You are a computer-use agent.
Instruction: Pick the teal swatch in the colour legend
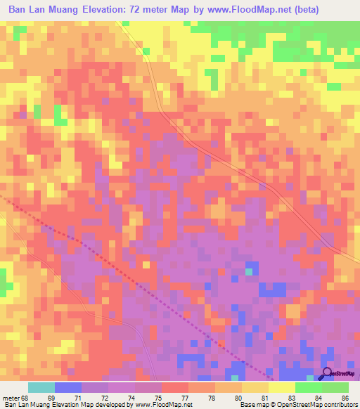tap(41, 387)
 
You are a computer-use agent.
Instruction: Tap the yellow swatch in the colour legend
tap(281, 387)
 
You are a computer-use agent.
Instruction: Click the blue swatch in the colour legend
tap(68, 387)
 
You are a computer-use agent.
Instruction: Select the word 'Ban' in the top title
tap(19, 10)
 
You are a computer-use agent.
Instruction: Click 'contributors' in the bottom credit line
tap(340, 405)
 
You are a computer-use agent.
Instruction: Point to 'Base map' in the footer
tap(250, 405)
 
